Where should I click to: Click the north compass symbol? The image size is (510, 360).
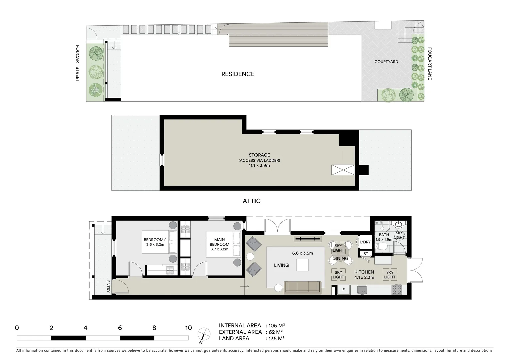point(204,334)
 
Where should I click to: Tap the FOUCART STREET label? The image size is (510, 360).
point(77,64)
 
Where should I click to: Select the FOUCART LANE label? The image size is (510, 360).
point(430,64)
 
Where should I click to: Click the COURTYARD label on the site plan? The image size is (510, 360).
point(386,62)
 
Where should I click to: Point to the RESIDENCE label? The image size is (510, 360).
point(238,74)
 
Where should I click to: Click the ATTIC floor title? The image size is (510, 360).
point(251,201)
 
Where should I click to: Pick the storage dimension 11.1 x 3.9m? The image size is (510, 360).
point(259,166)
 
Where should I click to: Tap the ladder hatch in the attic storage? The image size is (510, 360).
point(343,170)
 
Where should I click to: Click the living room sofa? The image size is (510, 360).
point(302,287)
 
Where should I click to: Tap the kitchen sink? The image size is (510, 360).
point(362,290)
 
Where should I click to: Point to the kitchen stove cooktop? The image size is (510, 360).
point(397,289)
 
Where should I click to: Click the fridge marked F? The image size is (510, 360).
point(343,290)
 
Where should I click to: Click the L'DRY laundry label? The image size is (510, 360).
point(365,242)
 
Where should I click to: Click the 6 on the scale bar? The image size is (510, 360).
point(120,328)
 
